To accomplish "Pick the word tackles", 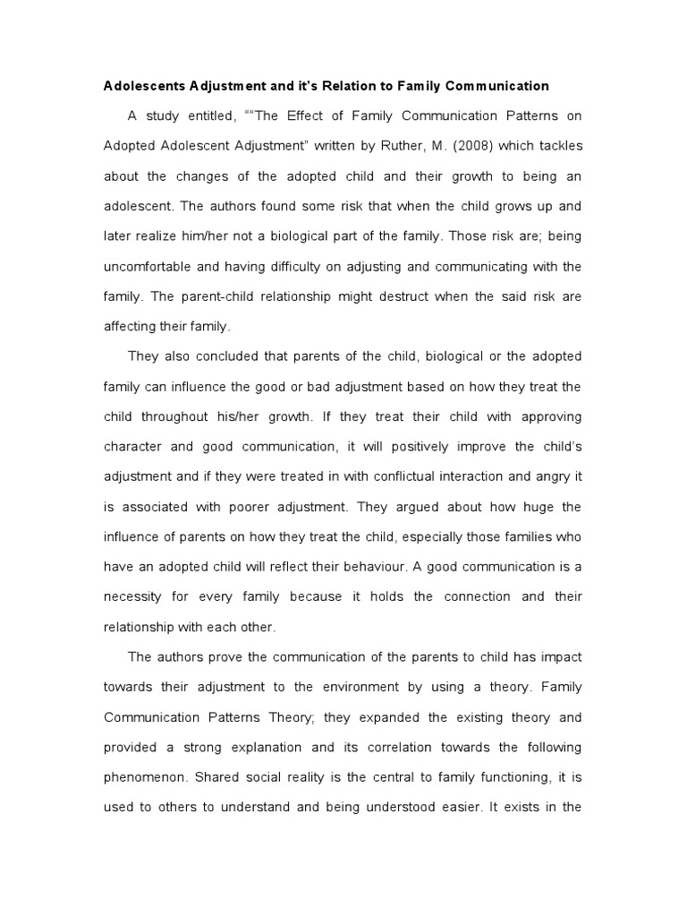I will [557, 146].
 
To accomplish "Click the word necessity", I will [137, 597].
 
